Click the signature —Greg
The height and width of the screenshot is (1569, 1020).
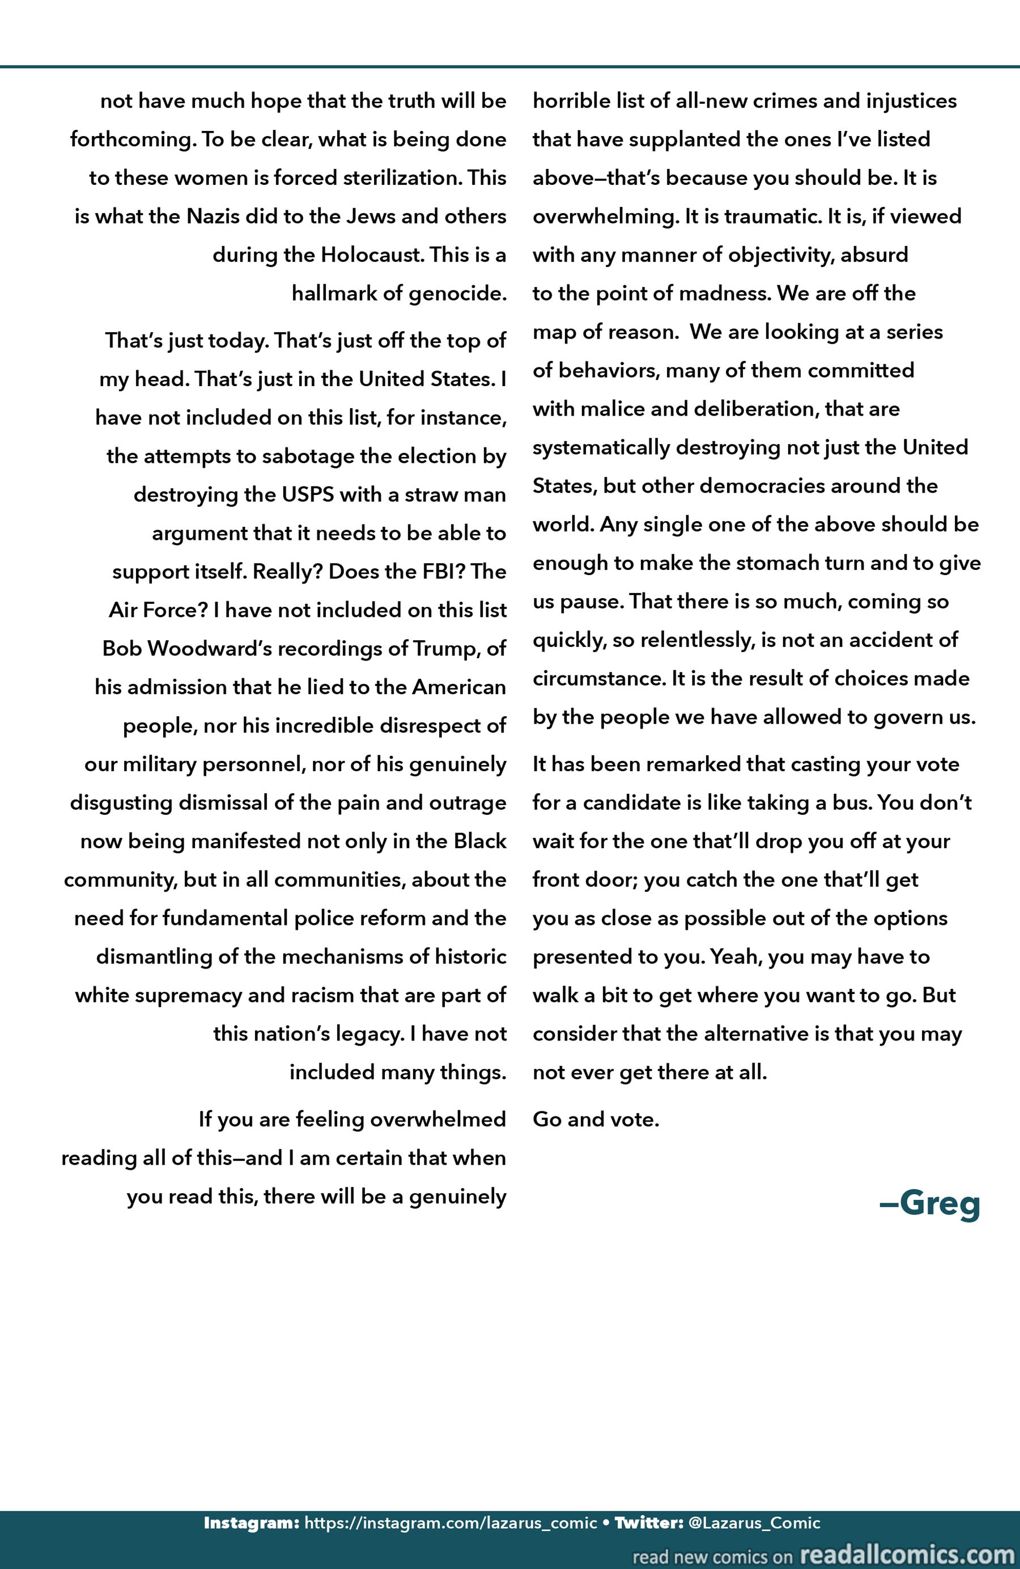point(930,1204)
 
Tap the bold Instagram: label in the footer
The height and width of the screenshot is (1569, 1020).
point(252,1523)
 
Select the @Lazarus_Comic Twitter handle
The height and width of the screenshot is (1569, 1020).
point(754,1523)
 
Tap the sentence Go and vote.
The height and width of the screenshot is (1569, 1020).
point(596,1119)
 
